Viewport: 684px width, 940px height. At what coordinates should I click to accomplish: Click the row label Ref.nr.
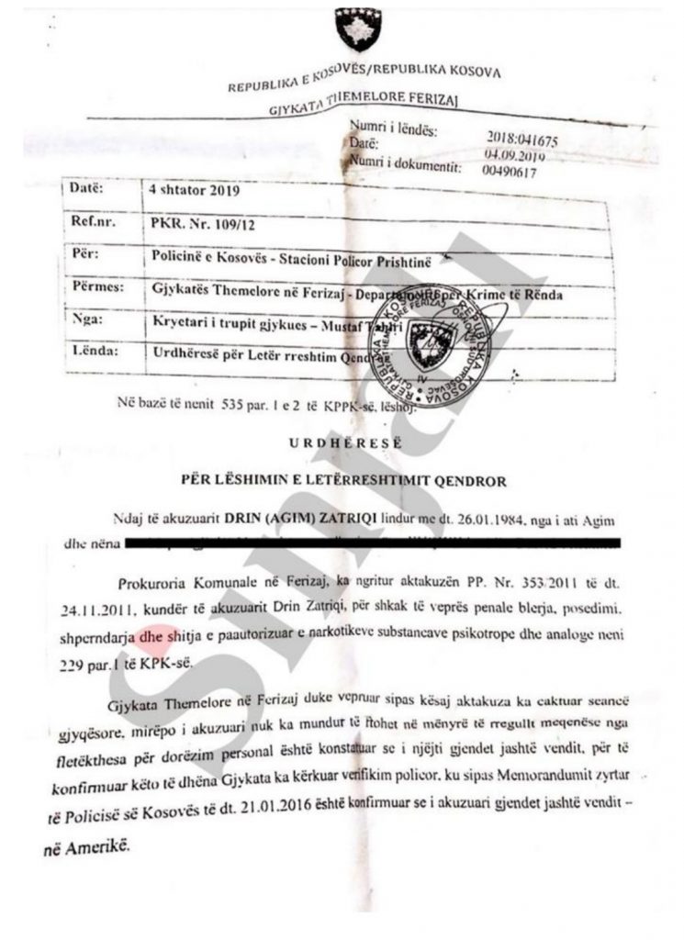pos(91,221)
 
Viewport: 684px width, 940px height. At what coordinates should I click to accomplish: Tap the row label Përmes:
pos(96,287)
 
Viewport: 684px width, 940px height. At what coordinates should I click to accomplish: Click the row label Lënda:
pos(94,352)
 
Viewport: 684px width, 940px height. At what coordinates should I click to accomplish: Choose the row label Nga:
pos(87,320)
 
